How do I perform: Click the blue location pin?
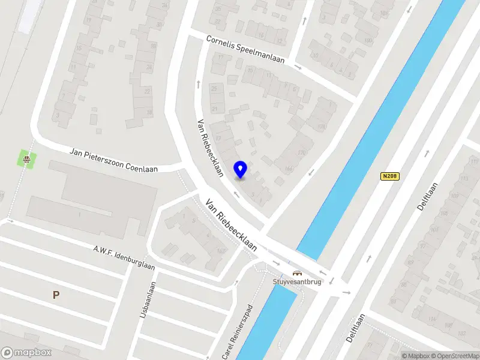pos(241,169)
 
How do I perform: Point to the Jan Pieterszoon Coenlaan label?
pos(113,160)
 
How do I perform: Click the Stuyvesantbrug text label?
pos(297,282)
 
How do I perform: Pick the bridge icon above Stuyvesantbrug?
pos(296,274)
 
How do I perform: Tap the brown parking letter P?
pos(56,295)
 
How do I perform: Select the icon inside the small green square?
pos(26,159)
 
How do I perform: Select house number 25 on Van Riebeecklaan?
pos(214,88)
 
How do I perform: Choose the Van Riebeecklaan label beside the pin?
pos(210,147)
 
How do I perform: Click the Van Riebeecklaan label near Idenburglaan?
pos(232,225)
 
